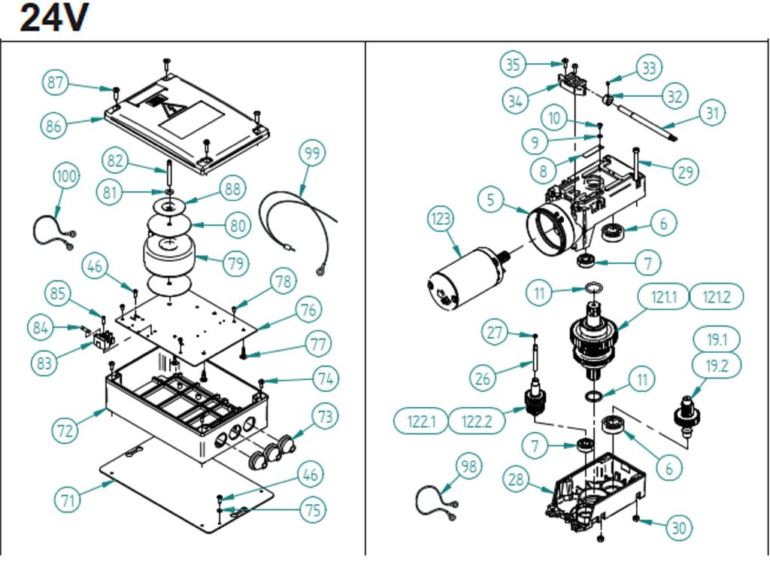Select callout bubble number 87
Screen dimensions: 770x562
55,83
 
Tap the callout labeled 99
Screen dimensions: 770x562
312,153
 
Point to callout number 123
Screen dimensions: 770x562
441,219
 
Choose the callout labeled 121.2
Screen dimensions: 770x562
717,297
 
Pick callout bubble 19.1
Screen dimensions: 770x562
717,340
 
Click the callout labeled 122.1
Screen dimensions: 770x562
421,421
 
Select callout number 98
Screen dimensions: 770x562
469,466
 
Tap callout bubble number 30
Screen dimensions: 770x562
679,528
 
